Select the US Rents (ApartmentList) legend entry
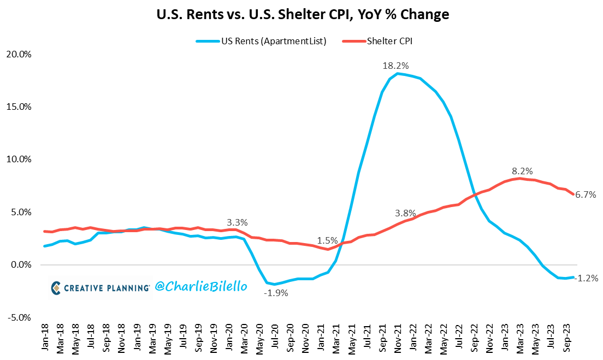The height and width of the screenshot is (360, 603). tap(261, 41)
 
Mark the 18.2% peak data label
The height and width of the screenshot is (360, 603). tap(395, 66)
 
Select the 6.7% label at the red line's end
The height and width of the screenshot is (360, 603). tap(586, 194)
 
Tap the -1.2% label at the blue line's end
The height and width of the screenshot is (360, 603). tap(587, 278)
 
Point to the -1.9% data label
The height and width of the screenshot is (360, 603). tap(276, 292)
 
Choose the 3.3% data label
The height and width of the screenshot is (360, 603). tap(237, 222)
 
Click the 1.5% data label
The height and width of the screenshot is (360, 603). tap(328, 240)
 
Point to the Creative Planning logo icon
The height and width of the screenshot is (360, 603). tap(56, 287)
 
